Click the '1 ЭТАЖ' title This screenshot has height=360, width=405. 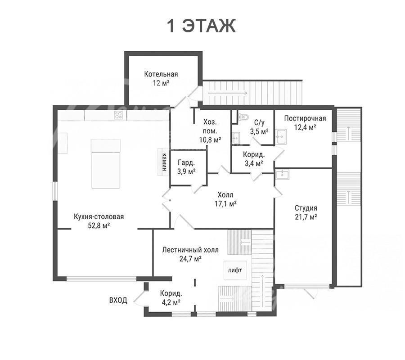202,26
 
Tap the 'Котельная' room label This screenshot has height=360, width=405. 161,74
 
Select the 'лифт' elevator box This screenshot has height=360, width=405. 235,270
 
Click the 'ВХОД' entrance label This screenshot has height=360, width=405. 118,300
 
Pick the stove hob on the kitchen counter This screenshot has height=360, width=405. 118,115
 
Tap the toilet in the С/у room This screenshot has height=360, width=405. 243,117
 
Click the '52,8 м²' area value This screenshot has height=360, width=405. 99,226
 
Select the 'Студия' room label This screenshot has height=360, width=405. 306,208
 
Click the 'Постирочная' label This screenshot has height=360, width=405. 305,118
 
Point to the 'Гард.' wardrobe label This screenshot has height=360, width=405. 186,163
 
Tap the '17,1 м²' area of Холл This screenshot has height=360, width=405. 226,204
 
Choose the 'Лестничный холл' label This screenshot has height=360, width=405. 190,250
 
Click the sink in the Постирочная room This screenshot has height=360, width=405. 280,136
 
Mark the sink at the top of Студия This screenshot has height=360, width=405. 282,175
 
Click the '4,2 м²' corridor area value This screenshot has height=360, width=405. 171,302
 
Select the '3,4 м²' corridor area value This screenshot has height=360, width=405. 254,163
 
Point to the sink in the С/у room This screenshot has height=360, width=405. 236,138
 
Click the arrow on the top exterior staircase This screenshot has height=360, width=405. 228,93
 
